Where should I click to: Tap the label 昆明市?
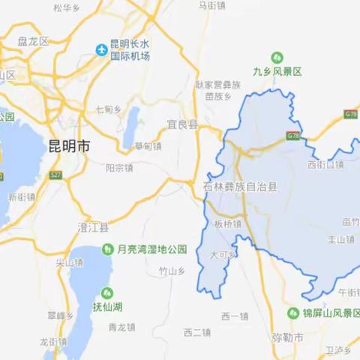pyautogui.click(x=68, y=147)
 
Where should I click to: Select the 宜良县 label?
pyautogui.click(x=181, y=125)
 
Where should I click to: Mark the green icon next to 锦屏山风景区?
pyautogui.click(x=294, y=313)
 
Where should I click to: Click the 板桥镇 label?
pyautogui.click(x=227, y=223)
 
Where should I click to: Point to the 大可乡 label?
pyautogui.click(x=223, y=255)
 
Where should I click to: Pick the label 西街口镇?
pyautogui.click(x=325, y=164)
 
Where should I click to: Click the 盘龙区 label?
pyautogui.click(x=32, y=42)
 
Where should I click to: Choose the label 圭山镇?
pyautogui.click(x=340, y=240)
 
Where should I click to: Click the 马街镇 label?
pyautogui.click(x=212, y=4)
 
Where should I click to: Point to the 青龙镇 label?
pyautogui.click(x=121, y=327)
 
